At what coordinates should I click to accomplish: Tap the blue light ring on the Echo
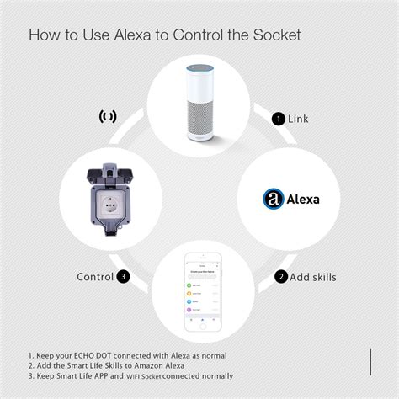click(x=199, y=65)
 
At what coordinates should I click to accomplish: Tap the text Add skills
click(x=313, y=277)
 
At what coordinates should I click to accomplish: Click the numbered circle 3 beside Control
click(x=123, y=276)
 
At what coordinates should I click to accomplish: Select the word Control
click(x=95, y=276)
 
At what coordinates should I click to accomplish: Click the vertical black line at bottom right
click(x=370, y=360)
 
